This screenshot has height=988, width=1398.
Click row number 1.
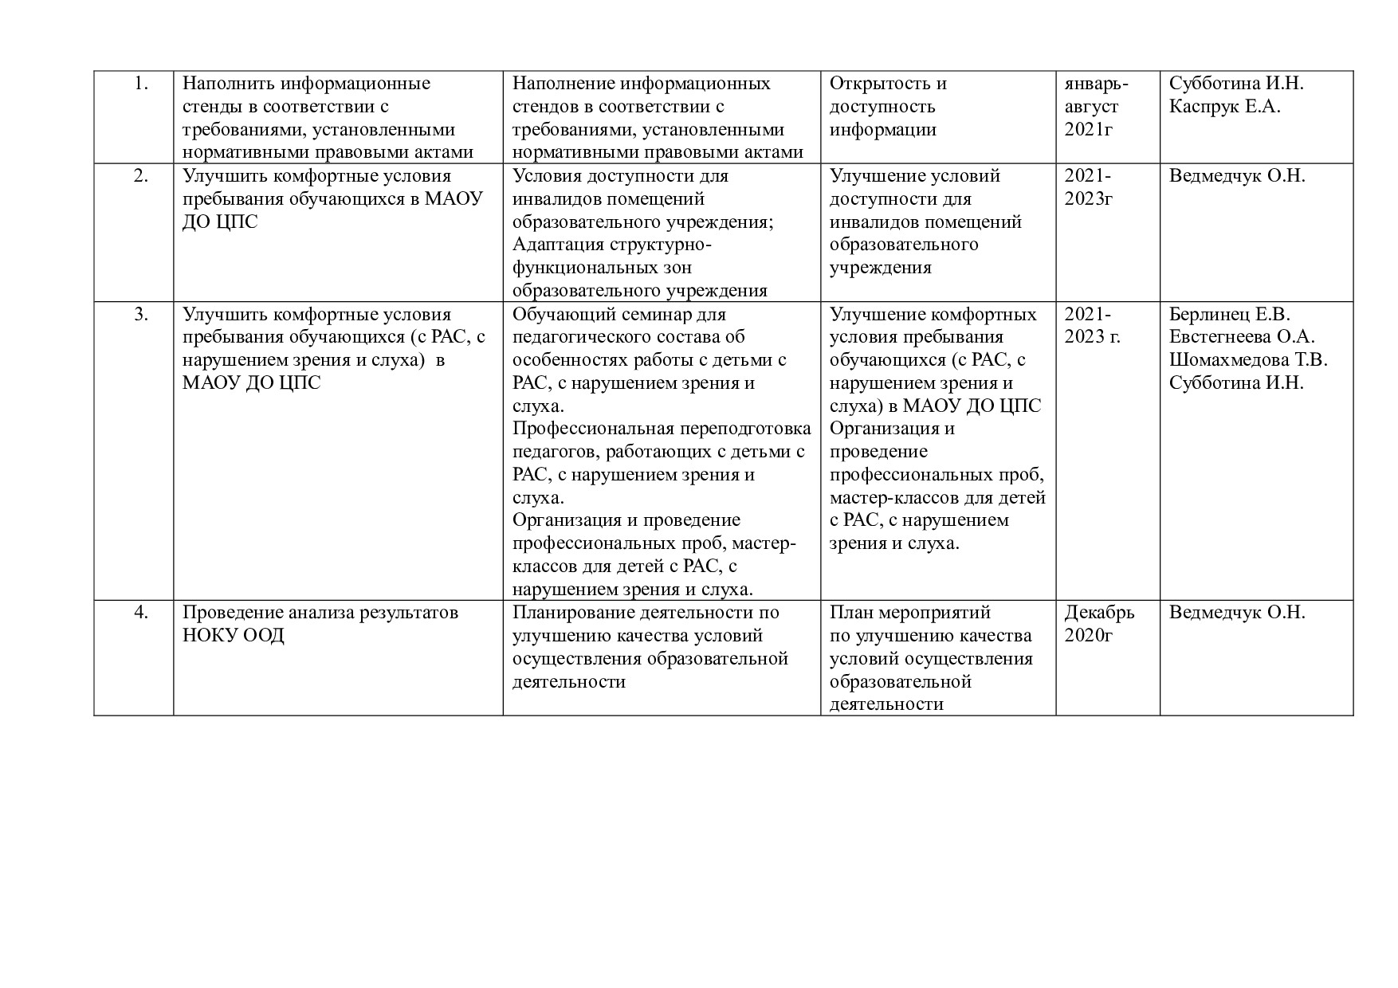pyautogui.click(x=141, y=84)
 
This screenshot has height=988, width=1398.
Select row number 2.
pyautogui.click(x=141, y=176)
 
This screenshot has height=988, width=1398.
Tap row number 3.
pyautogui.click(x=141, y=314)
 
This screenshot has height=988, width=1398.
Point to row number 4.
pyautogui.click(x=141, y=613)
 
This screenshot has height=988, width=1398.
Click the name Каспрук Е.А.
pyautogui.click(x=1224, y=107)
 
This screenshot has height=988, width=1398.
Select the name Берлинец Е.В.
pyautogui.click(x=1229, y=314)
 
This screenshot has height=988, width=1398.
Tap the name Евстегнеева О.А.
pyautogui.click(x=1242, y=337)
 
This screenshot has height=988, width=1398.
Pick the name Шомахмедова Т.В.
pyautogui.click(x=1248, y=360)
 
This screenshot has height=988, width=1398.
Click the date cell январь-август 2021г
pyautogui.click(x=1096, y=107)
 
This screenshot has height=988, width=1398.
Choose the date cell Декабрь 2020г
pyautogui.click(x=1099, y=624)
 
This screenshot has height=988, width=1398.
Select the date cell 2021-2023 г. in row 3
pyautogui.click(x=1092, y=325)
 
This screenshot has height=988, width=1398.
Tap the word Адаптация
pyautogui.click(x=561, y=245)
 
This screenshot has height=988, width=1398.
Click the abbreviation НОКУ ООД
pyautogui.click(x=234, y=636)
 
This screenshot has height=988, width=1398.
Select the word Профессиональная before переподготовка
pyautogui.click(x=592, y=429)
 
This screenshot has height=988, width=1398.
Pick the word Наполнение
pyautogui.click(x=564, y=84)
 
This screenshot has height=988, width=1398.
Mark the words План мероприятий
pyautogui.click(x=910, y=613)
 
